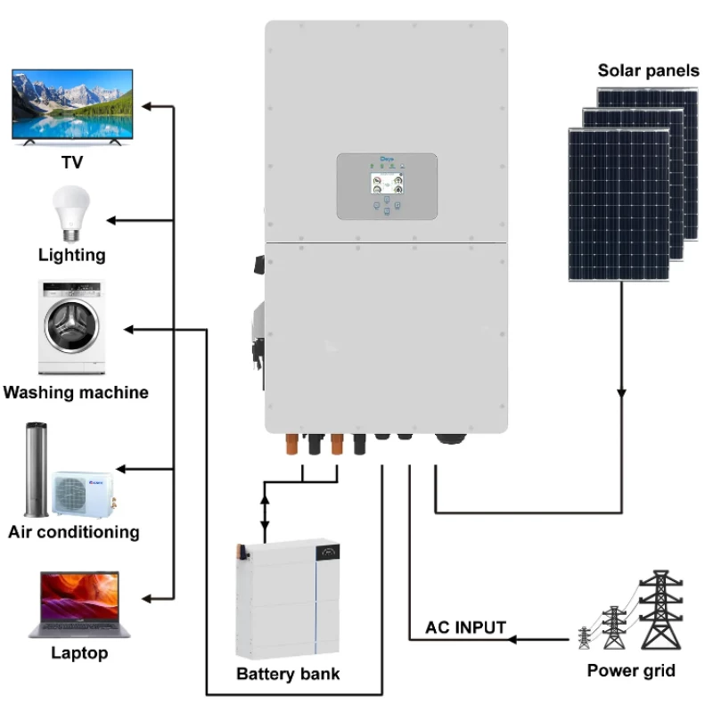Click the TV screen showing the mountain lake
[x=70, y=105]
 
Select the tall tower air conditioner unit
[x=36, y=470]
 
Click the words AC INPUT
[x=465, y=627]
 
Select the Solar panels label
[x=648, y=71]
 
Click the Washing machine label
[x=76, y=392]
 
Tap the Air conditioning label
[x=74, y=532]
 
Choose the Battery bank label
[x=288, y=674]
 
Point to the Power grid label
[x=631, y=670]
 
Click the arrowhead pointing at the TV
[x=147, y=107]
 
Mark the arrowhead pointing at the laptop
[x=147, y=597]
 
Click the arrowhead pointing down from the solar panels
[x=621, y=393]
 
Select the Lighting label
[x=71, y=255]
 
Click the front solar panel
[x=619, y=205]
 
